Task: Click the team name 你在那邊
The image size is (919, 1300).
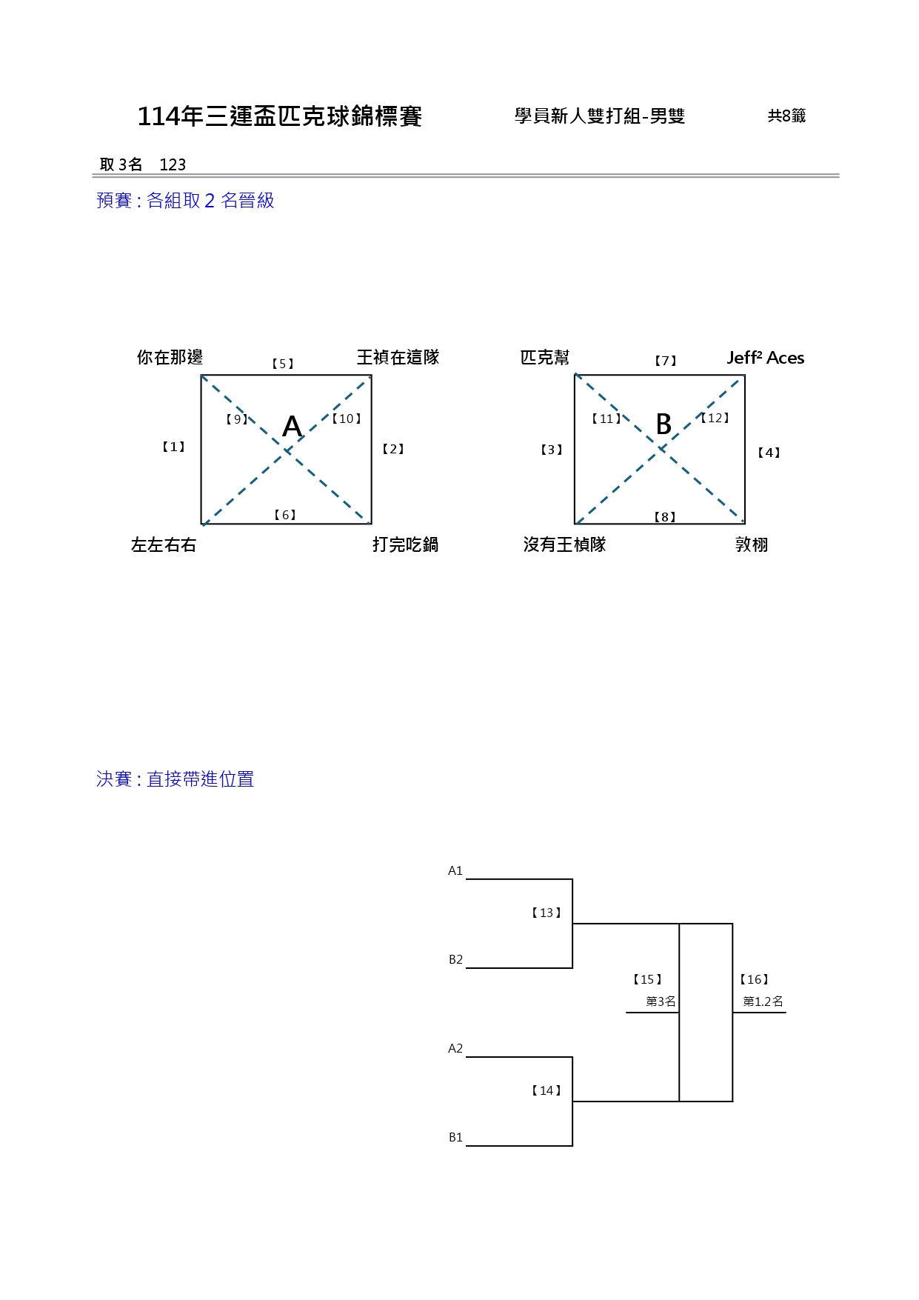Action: (x=170, y=358)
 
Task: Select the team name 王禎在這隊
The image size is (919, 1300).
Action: (x=398, y=358)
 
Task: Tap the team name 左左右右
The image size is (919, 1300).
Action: (x=164, y=545)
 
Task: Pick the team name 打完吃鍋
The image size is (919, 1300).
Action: (x=405, y=545)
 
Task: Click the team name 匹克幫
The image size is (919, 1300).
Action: (x=545, y=358)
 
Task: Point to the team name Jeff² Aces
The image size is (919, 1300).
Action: (x=765, y=358)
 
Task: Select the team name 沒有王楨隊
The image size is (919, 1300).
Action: (x=564, y=545)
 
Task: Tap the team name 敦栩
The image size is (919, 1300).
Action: (x=752, y=545)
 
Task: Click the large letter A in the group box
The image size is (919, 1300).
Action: (x=293, y=427)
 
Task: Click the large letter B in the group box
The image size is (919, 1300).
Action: (x=664, y=424)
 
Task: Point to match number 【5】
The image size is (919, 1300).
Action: (x=283, y=364)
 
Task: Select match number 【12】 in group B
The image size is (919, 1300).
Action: (x=715, y=419)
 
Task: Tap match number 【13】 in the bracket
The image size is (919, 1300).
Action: (x=547, y=913)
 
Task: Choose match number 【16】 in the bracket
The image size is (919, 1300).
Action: (x=755, y=980)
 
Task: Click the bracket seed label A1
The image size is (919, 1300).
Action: (x=455, y=871)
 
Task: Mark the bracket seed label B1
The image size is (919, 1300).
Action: (x=455, y=1138)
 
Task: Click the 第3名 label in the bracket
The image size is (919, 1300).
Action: (x=661, y=1001)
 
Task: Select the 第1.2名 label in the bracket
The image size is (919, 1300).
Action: (x=763, y=1001)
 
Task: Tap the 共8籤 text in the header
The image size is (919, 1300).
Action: (x=786, y=116)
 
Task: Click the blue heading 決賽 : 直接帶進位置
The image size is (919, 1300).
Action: (x=176, y=779)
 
